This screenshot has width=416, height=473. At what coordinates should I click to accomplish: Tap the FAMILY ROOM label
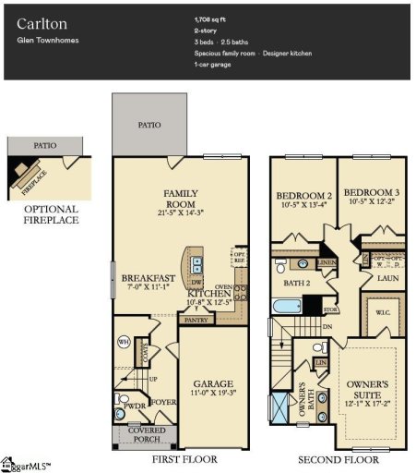tap(181, 199)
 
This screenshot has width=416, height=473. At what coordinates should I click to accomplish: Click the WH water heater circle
tap(123, 342)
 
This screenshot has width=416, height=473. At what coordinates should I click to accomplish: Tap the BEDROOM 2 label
tap(303, 195)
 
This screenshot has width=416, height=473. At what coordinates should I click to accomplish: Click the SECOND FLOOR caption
tap(339, 458)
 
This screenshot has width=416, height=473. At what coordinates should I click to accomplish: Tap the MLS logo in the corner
tap(26, 462)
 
